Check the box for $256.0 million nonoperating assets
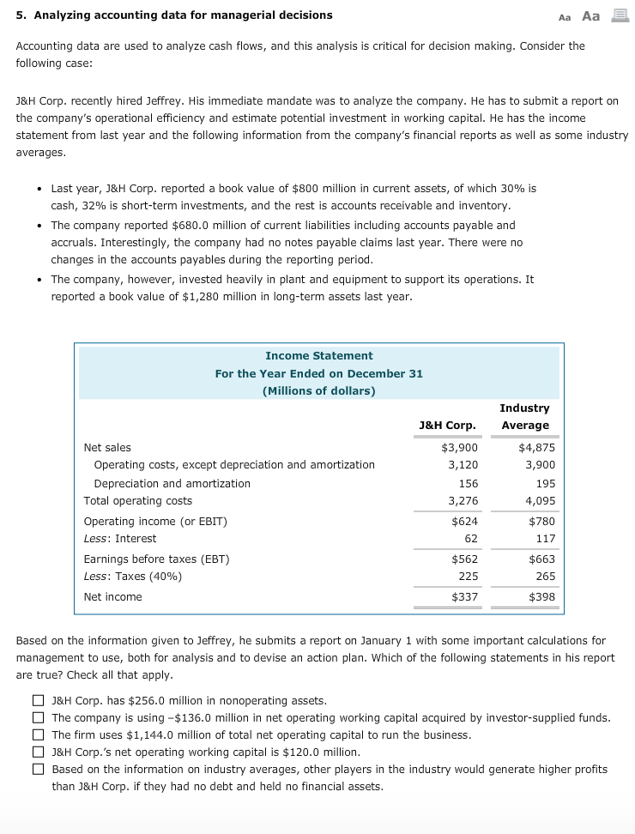38,701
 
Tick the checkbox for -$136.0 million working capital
38,718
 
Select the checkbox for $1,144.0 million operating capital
38,735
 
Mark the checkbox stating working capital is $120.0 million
38,752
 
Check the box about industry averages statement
38,770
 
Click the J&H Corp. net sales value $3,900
460,447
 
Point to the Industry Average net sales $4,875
537,447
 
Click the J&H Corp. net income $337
465,596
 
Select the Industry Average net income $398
541,596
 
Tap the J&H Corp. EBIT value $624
465,521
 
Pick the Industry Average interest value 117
546,538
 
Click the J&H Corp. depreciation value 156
469,483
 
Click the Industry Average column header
524,416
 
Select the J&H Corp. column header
447,425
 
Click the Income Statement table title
318,355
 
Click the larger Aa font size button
591,16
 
